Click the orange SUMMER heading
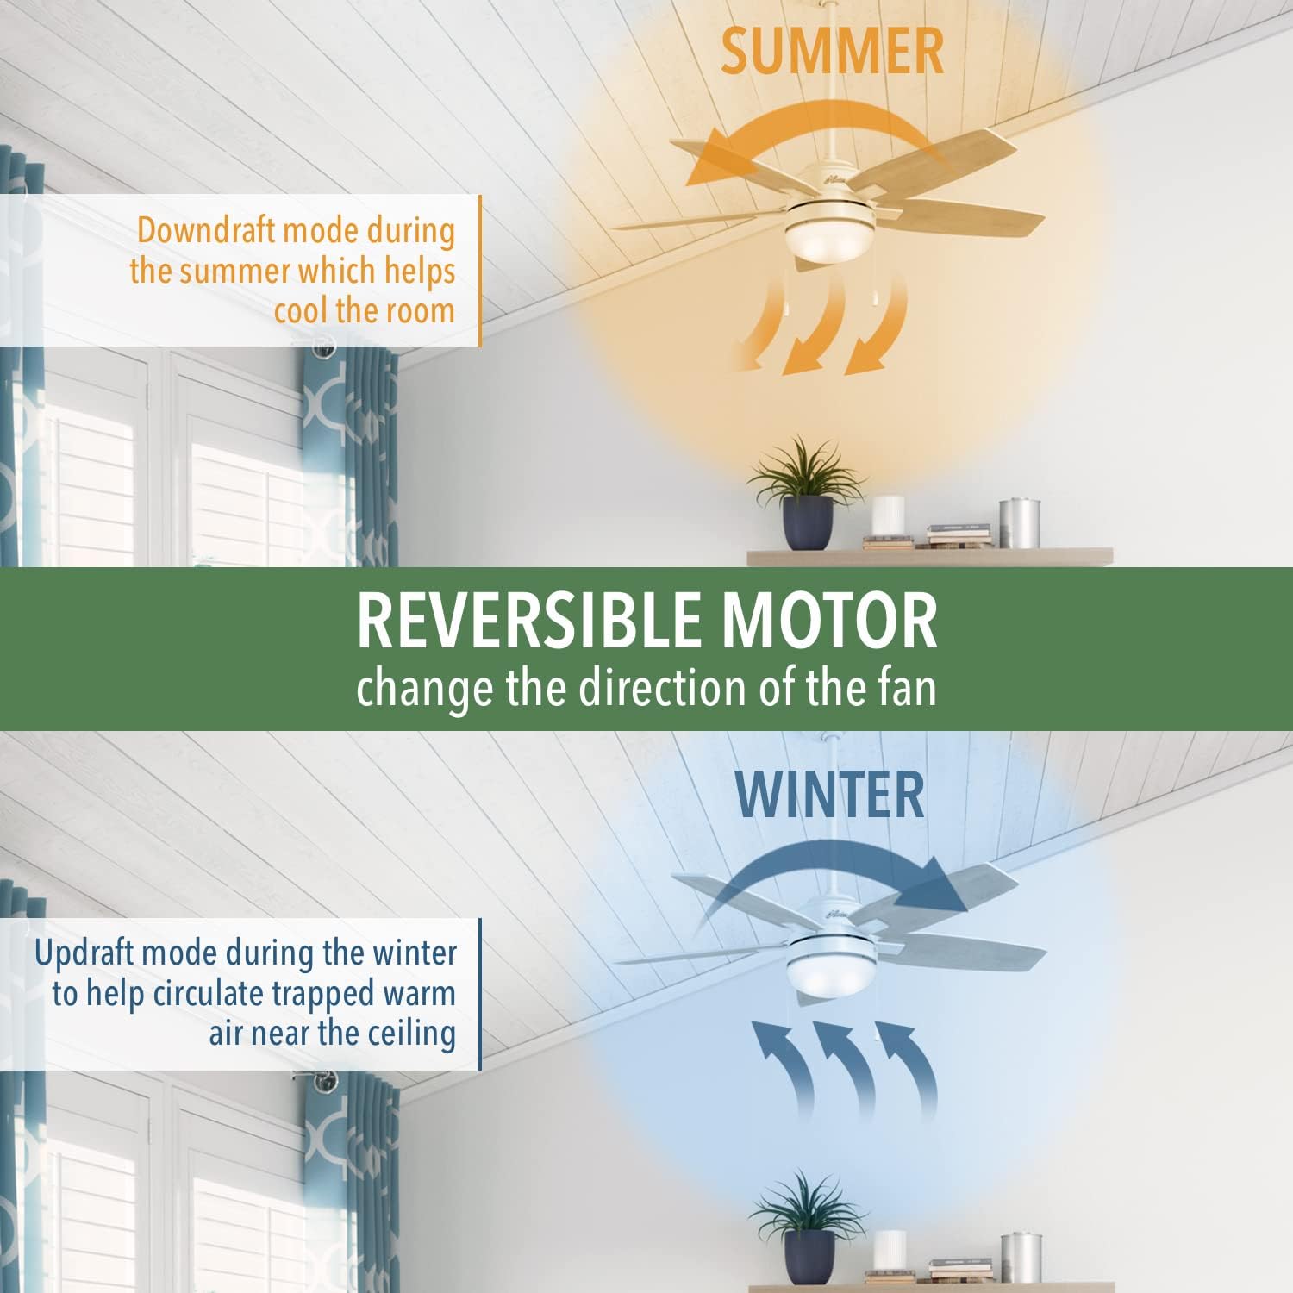point(832,51)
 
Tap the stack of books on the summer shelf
point(958,536)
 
